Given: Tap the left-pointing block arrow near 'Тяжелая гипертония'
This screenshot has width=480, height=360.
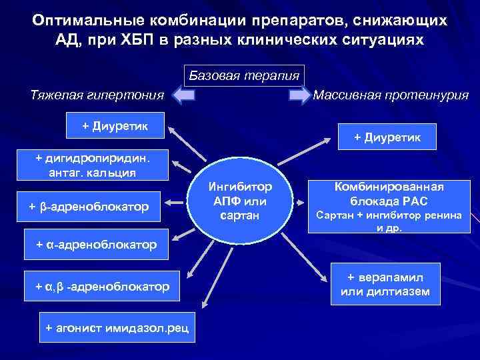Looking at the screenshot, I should (185, 96).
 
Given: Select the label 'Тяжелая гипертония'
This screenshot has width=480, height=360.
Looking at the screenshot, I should (97, 95).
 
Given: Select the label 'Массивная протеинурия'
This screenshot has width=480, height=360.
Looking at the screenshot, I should (391, 95).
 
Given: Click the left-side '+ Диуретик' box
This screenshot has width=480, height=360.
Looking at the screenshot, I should (115, 125).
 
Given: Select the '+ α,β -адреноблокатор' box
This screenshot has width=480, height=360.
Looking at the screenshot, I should (103, 287).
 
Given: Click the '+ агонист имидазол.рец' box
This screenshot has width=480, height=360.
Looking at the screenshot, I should (117, 327).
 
